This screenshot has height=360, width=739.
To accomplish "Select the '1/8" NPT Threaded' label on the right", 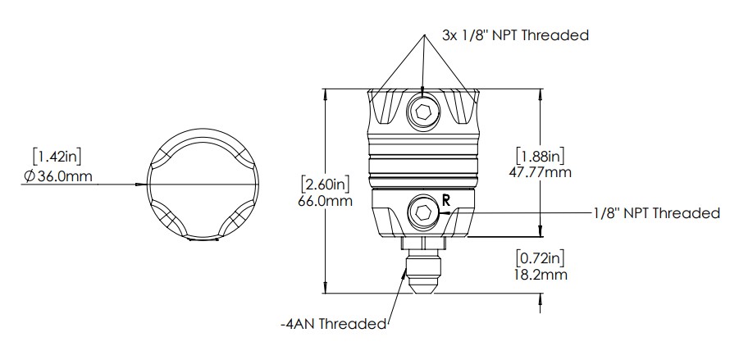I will pyautogui.click(x=656, y=213).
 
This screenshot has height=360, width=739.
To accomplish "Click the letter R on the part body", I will pyautogui.click(x=445, y=199).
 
